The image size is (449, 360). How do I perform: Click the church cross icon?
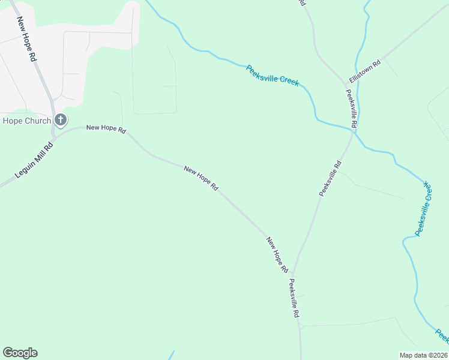[61, 120]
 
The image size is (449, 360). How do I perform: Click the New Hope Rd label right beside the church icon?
[106, 128]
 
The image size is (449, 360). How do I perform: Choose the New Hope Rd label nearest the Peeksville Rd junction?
[277, 255]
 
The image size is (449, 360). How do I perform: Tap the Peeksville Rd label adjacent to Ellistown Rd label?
[352, 108]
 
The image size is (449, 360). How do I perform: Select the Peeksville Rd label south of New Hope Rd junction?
[294, 298]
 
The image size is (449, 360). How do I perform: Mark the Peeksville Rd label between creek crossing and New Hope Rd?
[330, 178]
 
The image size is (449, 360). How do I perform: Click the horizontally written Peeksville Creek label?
[272, 76]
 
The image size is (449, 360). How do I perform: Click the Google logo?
[20, 353]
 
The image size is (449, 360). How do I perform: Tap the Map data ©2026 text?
[423, 355]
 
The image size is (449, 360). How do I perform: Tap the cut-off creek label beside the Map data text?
[442, 335]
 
